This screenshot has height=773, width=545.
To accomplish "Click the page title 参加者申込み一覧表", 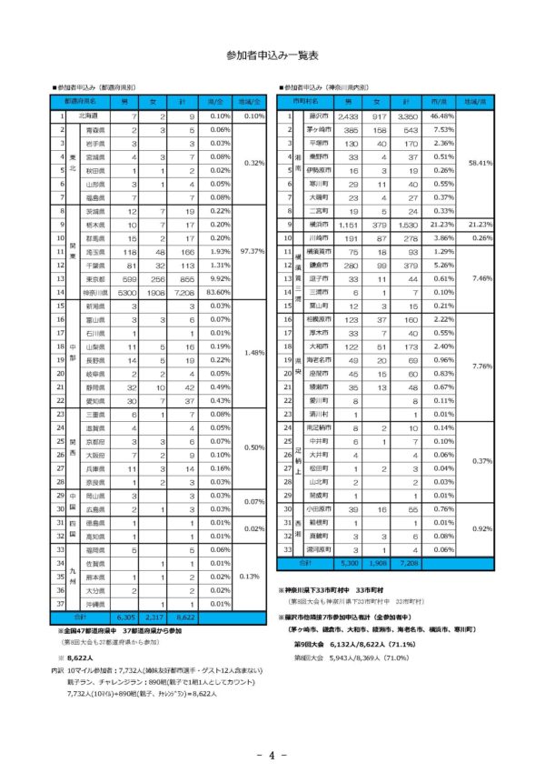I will click(x=272, y=55).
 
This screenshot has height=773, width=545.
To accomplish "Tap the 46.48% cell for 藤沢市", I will click(x=441, y=116).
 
